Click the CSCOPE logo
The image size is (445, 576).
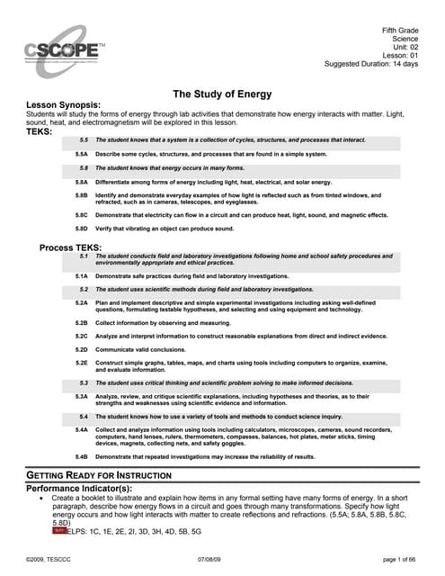tap(64, 49)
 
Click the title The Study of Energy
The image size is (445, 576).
tap(222, 94)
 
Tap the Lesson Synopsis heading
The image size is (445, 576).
tap(70, 105)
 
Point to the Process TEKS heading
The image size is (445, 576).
tap(71, 247)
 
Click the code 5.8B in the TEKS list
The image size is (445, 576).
tap(81, 194)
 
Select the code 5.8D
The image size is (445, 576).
tap(81, 229)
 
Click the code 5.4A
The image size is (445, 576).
tap(81, 430)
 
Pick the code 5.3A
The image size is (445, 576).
tap(81, 396)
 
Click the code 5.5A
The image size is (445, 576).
tap(81, 154)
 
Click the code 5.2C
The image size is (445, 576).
tap(81, 335)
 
